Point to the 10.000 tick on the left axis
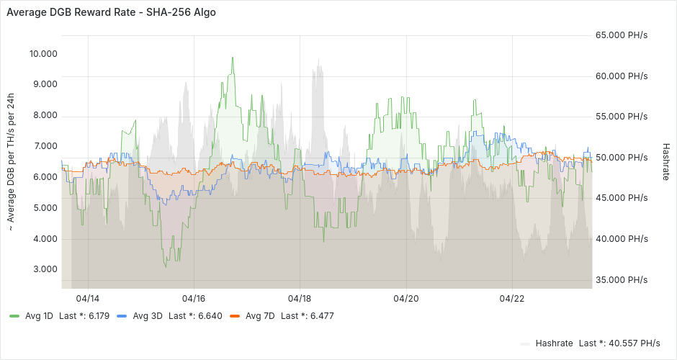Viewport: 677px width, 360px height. tap(43, 54)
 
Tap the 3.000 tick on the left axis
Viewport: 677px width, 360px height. tap(45, 269)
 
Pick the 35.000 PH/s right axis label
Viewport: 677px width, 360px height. tap(622, 280)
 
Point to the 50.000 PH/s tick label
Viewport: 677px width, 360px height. tap(622, 158)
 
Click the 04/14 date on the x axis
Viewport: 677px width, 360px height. tap(88, 298)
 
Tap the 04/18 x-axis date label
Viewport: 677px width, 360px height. tap(300, 298)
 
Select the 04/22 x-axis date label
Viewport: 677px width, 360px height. tap(511, 298)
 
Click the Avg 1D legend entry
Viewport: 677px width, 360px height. tap(39, 316)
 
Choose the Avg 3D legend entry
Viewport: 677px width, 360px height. tap(148, 316)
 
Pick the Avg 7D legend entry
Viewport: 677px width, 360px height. tap(260, 316)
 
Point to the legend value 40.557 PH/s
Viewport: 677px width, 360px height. tap(634, 343)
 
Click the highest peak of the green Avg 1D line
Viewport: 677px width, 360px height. tap(233, 58)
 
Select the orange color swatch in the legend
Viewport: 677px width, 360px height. tap(234, 316)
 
